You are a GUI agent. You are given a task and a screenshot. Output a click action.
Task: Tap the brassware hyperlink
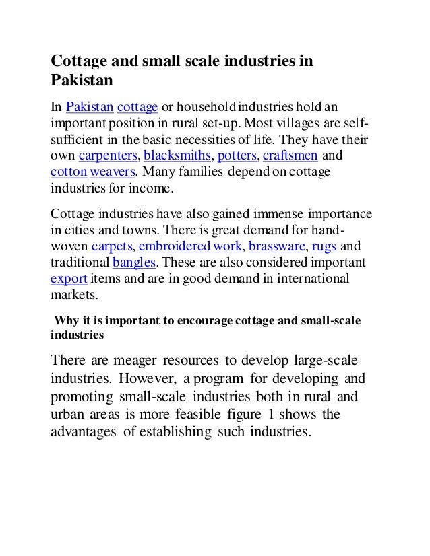point(272,245)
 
